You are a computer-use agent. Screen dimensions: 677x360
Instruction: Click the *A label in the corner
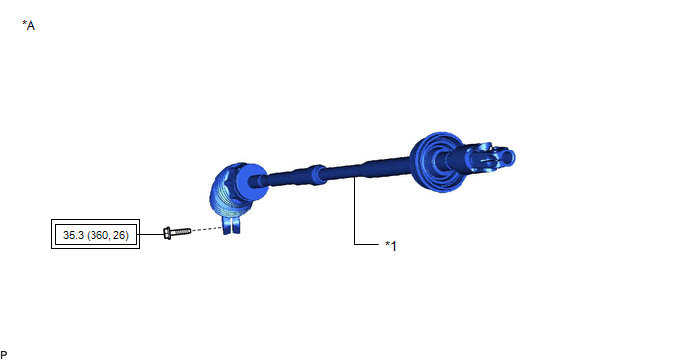(x=29, y=25)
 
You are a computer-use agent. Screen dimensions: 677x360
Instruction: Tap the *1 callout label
(x=391, y=246)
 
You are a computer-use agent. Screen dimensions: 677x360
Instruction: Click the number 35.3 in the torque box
(x=74, y=235)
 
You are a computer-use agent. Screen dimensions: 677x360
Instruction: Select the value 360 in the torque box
(x=99, y=235)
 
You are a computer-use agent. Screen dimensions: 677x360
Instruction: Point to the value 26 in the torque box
(x=119, y=235)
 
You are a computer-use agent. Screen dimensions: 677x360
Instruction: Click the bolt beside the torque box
(x=177, y=233)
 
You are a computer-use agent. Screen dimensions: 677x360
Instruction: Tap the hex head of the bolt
(x=167, y=233)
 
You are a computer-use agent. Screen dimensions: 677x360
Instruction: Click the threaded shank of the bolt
(x=181, y=232)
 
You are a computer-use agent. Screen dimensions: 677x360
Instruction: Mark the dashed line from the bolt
(x=208, y=229)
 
